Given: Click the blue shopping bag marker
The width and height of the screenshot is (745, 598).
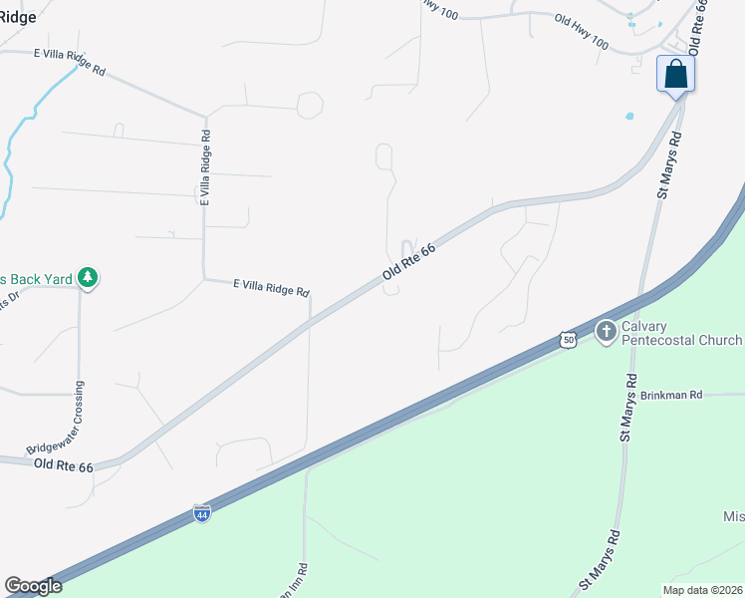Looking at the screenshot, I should click(x=675, y=75).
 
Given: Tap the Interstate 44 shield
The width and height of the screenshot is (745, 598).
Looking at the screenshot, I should click(x=202, y=514).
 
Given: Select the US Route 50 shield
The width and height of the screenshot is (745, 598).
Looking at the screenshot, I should click(x=568, y=340).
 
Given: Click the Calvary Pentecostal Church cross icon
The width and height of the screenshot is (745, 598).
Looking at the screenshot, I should click(x=605, y=331).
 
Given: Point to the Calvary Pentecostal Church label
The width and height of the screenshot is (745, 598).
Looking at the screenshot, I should click(x=681, y=333).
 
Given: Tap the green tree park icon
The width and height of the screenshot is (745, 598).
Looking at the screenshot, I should click(x=89, y=278).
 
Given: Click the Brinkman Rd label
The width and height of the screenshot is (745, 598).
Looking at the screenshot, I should click(x=671, y=396).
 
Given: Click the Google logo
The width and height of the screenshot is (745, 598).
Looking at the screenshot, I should click(x=33, y=586).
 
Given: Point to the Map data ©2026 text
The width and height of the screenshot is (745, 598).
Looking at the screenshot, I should click(x=702, y=590).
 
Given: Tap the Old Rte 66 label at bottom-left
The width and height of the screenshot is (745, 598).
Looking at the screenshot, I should click(x=63, y=465).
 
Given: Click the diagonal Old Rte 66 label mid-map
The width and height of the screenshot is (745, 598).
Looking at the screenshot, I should click(x=409, y=264).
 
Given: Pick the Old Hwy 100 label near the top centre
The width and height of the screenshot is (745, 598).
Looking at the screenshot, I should click(x=581, y=33).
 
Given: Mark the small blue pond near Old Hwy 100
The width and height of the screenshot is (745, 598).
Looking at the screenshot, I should click(x=629, y=116).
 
